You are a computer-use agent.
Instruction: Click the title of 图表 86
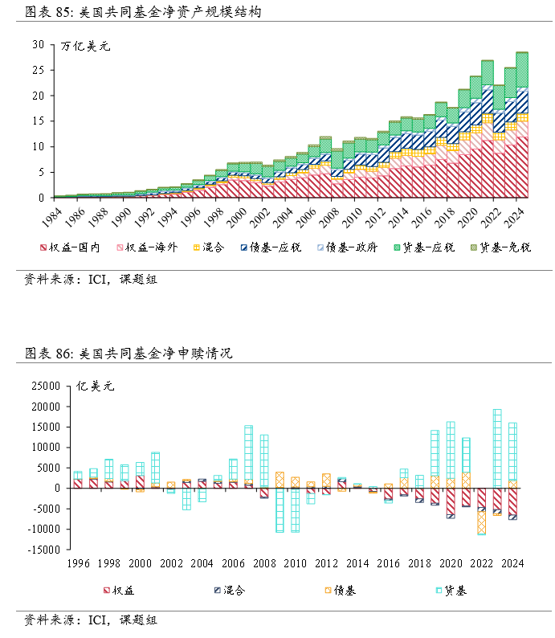129,354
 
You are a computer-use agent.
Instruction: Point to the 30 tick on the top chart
39,45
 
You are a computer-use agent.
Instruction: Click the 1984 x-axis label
54,215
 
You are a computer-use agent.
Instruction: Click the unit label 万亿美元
85,46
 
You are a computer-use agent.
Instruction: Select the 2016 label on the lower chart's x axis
386,563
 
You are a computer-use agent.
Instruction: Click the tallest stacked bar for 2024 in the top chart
522,125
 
